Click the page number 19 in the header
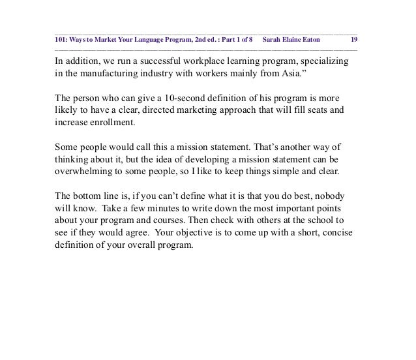tap(351, 39)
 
